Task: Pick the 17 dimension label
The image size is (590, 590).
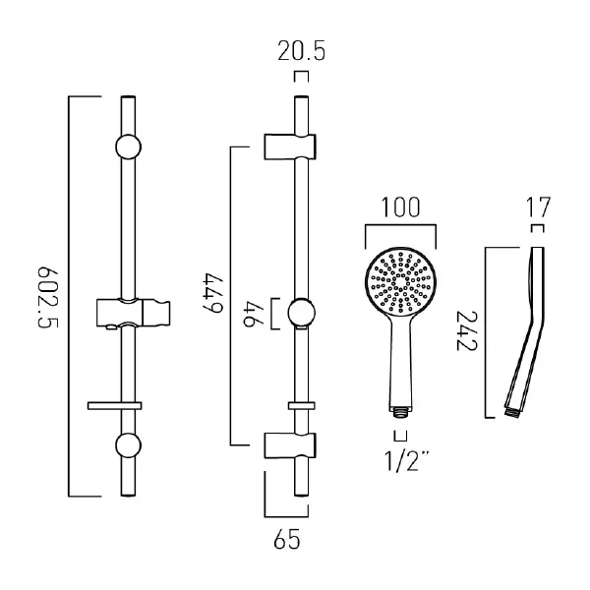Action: [538, 207]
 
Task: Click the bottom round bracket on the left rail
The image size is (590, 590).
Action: [128, 444]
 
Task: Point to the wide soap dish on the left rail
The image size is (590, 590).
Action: [115, 404]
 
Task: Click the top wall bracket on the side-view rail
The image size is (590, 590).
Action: [292, 145]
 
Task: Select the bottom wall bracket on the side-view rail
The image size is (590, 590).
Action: [292, 445]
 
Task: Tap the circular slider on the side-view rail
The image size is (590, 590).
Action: [302, 316]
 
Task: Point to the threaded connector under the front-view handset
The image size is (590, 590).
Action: [400, 406]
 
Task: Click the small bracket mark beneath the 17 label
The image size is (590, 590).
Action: [537, 230]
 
